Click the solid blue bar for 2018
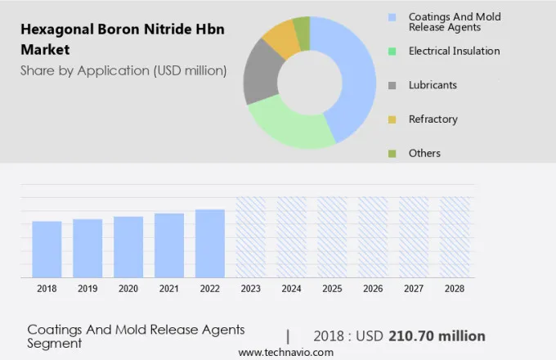[x=47, y=250]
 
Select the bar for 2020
[x=128, y=247]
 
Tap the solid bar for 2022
[x=209, y=244]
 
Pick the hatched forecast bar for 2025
[x=332, y=237]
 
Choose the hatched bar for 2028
[x=455, y=237]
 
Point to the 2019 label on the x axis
[x=87, y=289]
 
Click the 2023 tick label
[x=250, y=289]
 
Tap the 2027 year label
[x=414, y=289]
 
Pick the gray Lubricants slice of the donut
[x=260, y=74]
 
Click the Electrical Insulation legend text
[x=454, y=51]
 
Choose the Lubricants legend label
[x=433, y=85]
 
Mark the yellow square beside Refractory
[x=392, y=119]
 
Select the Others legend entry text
[x=424, y=153]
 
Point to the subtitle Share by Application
[x=123, y=70]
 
